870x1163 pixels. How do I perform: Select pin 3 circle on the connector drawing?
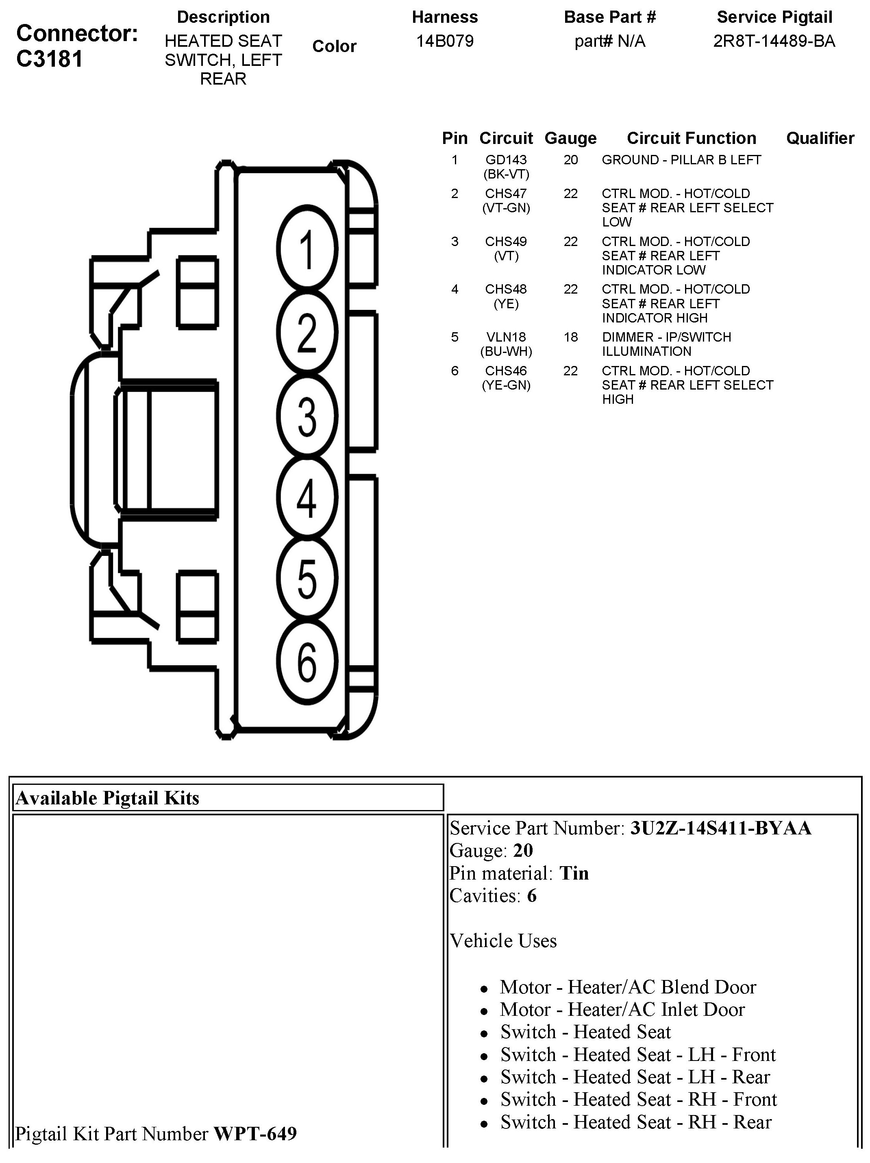307,416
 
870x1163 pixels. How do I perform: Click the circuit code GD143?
506,160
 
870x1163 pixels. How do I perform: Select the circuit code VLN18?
506,337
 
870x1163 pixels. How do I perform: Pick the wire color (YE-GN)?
506,385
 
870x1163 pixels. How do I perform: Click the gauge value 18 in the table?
570,337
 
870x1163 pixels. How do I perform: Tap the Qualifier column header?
820,138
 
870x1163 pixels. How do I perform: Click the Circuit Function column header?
691,138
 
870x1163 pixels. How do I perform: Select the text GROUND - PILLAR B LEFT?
681,160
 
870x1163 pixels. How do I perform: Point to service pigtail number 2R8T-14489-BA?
774,41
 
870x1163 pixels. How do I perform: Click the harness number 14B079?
445,41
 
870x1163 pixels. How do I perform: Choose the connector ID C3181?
50,59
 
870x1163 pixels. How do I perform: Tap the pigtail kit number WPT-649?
255,1134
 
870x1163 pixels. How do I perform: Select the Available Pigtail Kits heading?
107,798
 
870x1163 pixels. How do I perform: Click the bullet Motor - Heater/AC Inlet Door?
622,1009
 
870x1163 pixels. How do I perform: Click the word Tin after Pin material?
574,873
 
